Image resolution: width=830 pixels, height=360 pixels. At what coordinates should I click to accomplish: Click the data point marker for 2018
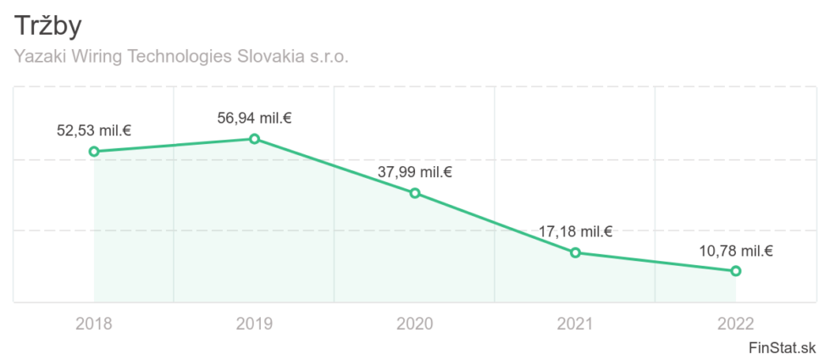pyautogui.click(x=94, y=152)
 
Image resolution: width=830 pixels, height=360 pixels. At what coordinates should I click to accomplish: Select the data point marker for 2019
pyautogui.click(x=254, y=139)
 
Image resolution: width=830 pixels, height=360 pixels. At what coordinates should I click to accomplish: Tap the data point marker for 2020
pyautogui.click(x=415, y=193)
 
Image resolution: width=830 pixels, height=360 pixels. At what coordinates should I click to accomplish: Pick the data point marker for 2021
pyautogui.click(x=575, y=252)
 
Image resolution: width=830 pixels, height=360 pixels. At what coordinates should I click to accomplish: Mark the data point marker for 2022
pyautogui.click(x=736, y=271)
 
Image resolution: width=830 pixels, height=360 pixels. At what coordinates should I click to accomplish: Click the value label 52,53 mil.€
pyautogui.click(x=94, y=131)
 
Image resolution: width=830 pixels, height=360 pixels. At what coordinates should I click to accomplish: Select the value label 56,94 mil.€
pyautogui.click(x=254, y=119)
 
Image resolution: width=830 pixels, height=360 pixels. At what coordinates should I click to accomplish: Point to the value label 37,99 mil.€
pyautogui.click(x=415, y=173)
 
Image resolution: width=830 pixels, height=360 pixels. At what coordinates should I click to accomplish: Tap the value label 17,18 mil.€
pyautogui.click(x=575, y=232)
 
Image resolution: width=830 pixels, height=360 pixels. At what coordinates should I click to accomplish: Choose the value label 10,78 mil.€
pyautogui.click(x=736, y=251)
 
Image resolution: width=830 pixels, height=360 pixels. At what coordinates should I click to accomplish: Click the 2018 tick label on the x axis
pyautogui.click(x=94, y=324)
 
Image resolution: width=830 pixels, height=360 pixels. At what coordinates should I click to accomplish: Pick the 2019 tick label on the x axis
pyautogui.click(x=254, y=324)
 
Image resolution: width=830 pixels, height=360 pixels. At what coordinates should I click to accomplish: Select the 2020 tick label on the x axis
pyautogui.click(x=415, y=324)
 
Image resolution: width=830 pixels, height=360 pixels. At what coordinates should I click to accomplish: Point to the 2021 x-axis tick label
pyautogui.click(x=575, y=324)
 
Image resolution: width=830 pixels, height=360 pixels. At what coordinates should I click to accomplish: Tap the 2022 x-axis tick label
pyautogui.click(x=736, y=324)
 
